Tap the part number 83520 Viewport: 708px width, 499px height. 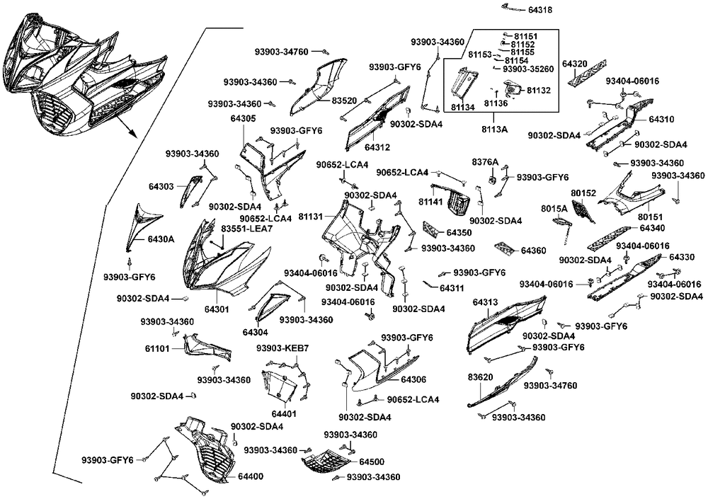click(x=346, y=101)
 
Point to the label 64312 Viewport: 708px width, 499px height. click(x=377, y=147)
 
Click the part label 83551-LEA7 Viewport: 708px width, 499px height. click(x=246, y=229)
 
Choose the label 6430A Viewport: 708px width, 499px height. click(x=161, y=240)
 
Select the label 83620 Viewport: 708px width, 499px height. click(x=480, y=378)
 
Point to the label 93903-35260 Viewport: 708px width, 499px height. click(x=528, y=69)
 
